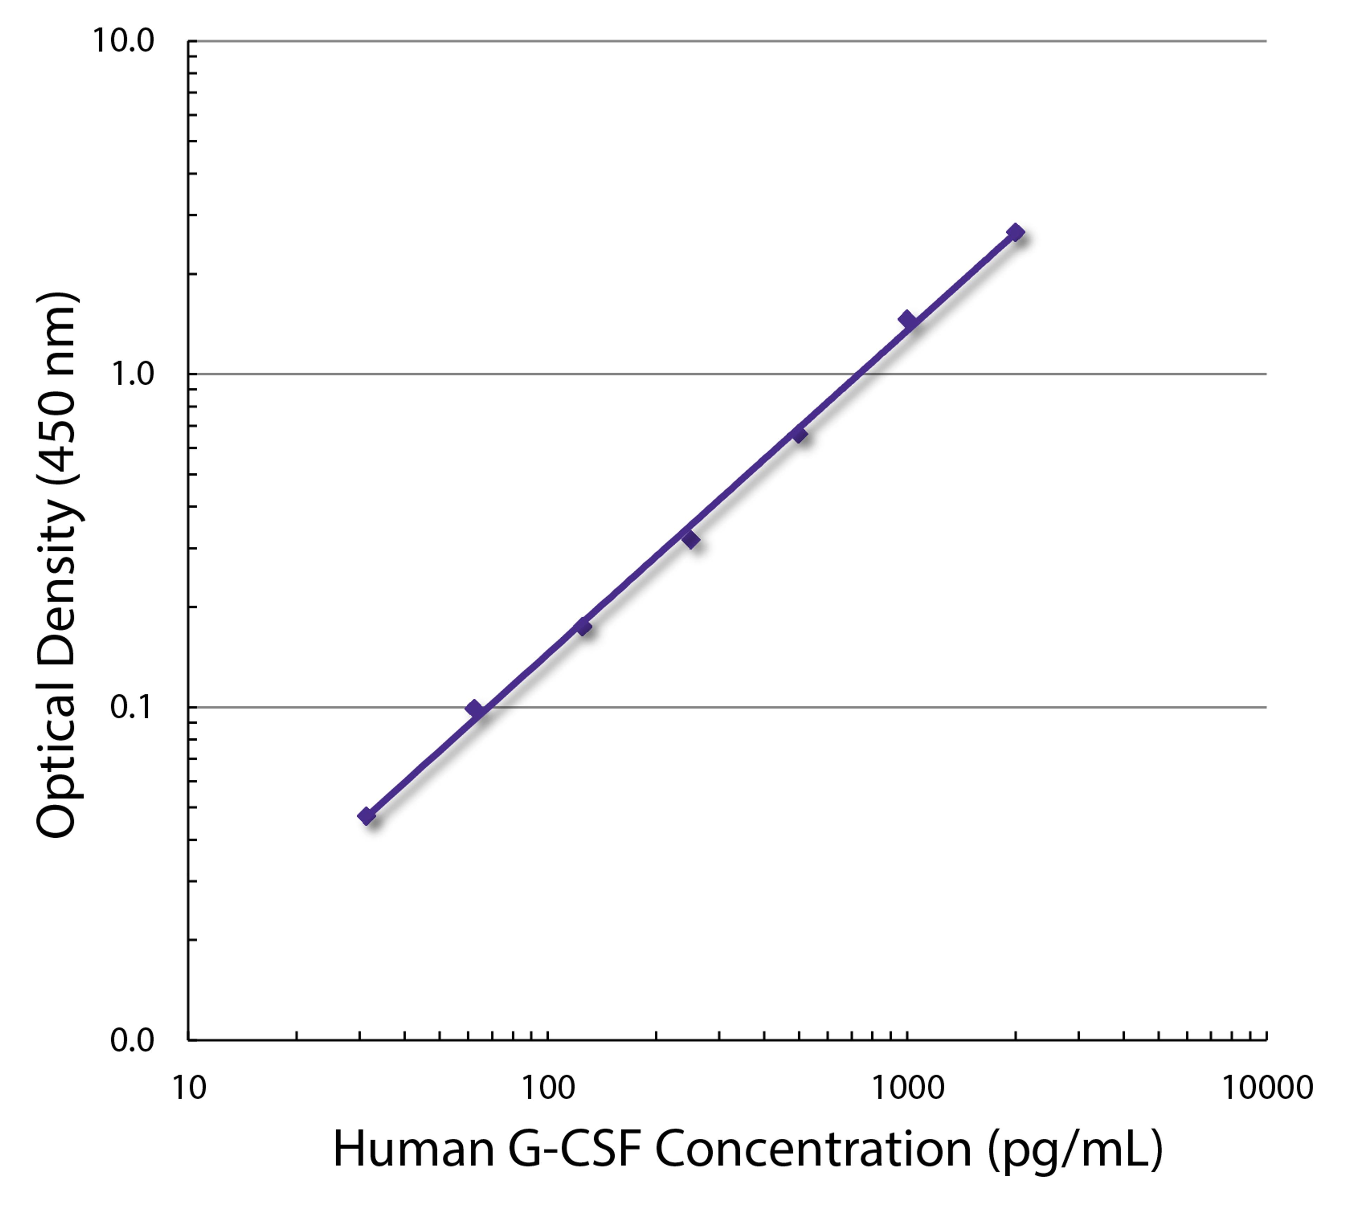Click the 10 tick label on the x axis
[x=189, y=1088]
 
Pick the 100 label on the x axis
[x=548, y=1088]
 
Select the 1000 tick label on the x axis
[x=907, y=1088]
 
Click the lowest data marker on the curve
[x=366, y=816]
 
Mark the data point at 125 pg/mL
[x=583, y=626]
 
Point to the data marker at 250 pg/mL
[x=691, y=538]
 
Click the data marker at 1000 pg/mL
[x=907, y=319]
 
